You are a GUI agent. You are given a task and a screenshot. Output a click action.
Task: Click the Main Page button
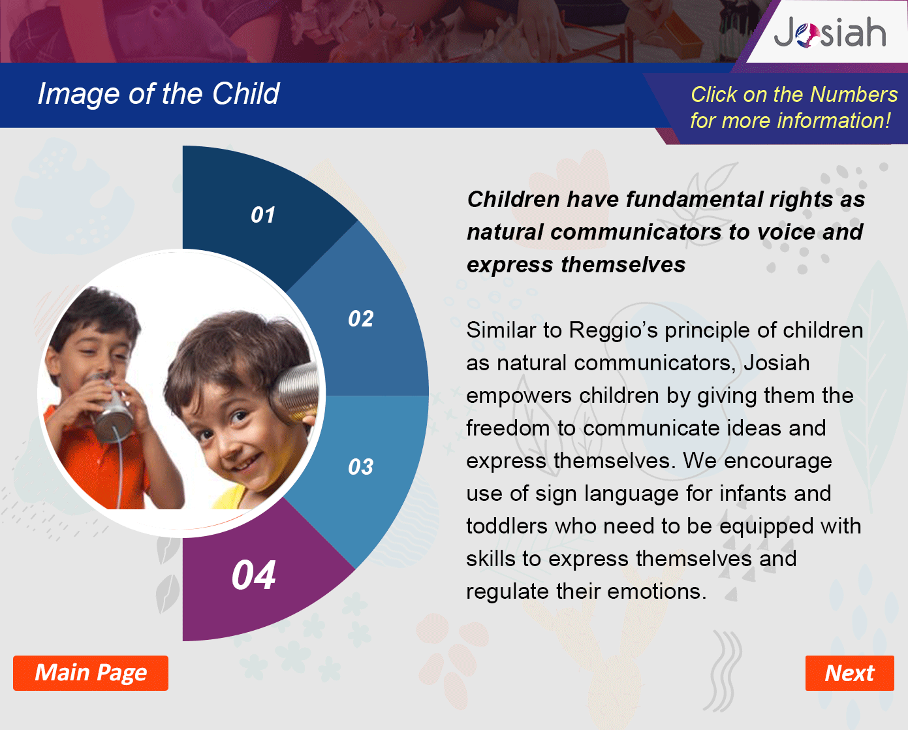91,673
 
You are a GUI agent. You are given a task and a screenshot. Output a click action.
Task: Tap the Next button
849,673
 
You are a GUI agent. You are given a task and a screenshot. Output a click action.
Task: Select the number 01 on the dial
263,215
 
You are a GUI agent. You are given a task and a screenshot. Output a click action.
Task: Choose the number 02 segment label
361,319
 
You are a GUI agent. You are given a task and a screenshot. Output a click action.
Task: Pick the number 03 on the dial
361,467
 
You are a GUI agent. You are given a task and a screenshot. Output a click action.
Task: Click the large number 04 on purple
253,575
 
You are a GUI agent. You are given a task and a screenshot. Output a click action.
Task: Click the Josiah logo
830,32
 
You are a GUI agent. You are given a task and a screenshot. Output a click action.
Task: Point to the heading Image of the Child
158,94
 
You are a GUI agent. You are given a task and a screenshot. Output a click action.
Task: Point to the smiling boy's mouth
245,462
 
